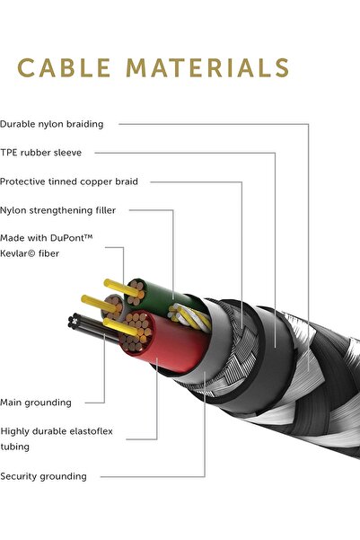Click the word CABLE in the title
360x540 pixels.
(64, 67)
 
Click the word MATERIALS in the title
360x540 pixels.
(207, 67)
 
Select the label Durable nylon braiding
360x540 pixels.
(52, 124)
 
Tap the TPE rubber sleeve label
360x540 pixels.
(41, 153)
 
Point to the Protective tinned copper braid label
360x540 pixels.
(69, 181)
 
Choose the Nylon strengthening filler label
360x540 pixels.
(57, 210)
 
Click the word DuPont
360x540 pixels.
(71, 237)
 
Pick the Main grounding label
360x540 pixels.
(36, 403)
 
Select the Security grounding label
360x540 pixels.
(43, 476)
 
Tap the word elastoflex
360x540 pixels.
(92, 431)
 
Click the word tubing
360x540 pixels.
(14, 447)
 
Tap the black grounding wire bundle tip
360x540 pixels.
(73, 321)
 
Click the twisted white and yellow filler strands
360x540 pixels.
(189, 317)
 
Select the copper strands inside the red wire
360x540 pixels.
(137, 332)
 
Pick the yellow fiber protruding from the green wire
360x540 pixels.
(121, 288)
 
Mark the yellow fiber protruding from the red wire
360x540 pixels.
(120, 327)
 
